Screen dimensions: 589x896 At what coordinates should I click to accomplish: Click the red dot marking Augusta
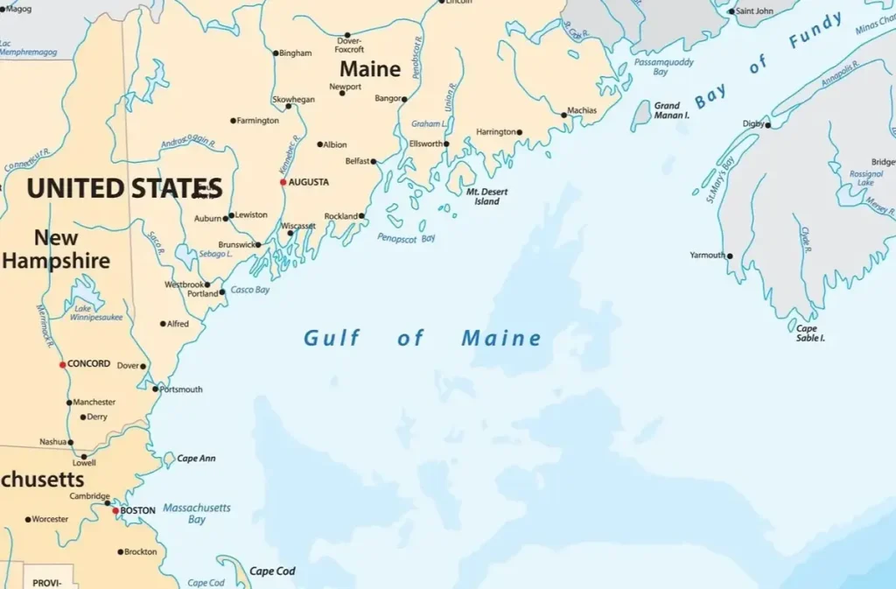(x=283, y=182)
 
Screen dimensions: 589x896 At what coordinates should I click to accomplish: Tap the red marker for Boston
(x=115, y=510)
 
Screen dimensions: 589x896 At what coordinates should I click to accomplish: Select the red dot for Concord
(x=62, y=364)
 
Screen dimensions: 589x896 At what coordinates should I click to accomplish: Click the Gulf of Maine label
(x=423, y=338)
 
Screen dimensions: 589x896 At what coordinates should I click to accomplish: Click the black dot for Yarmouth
(x=730, y=256)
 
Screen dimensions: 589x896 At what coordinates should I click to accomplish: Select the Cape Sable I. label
(x=809, y=333)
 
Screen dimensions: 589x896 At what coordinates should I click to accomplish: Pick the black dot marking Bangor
(x=404, y=99)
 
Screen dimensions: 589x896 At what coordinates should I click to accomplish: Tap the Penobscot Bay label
(x=406, y=238)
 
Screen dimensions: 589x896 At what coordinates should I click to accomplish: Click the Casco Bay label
(x=250, y=290)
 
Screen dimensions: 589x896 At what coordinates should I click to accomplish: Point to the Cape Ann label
(x=196, y=459)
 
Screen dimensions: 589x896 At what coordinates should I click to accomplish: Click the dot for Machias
(x=563, y=115)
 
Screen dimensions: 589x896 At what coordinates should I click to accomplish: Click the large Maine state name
(x=370, y=68)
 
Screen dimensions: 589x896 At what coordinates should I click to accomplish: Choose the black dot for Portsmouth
(x=156, y=389)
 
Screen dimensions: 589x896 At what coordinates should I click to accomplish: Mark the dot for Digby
(x=768, y=125)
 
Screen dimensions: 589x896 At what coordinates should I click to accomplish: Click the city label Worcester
(x=50, y=519)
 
